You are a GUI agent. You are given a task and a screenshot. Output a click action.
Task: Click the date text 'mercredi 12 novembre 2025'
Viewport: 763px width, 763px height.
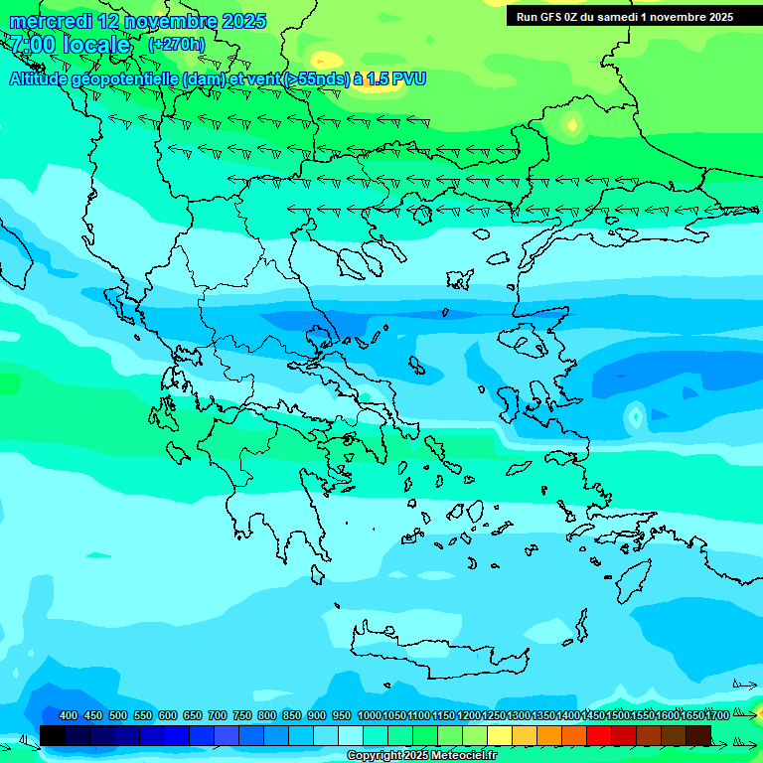pos(137,21)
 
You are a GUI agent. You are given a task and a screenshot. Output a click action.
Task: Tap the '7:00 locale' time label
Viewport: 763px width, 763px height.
pos(70,45)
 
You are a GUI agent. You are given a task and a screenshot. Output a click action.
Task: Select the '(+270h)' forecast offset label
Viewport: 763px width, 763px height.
pos(177,44)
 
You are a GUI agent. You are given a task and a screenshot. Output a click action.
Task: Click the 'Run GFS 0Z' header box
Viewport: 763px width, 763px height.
pos(624,16)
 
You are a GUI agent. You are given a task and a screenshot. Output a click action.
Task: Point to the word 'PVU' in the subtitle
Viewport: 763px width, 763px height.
pos(406,78)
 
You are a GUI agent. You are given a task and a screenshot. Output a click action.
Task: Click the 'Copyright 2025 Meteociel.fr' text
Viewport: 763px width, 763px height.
pos(421,756)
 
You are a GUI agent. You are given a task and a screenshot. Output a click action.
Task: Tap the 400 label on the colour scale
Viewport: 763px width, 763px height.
pos(69,715)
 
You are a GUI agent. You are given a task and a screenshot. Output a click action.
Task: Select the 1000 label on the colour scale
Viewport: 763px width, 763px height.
pos(369,715)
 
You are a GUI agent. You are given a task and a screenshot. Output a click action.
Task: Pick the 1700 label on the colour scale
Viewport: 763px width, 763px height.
pos(717,715)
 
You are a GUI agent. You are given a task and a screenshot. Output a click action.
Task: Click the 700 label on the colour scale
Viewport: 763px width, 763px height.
pos(218,715)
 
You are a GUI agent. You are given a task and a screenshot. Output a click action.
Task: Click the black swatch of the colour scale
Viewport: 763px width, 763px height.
pos(53,735)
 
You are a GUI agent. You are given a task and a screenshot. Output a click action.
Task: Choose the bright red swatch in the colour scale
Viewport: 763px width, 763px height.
pos(599,735)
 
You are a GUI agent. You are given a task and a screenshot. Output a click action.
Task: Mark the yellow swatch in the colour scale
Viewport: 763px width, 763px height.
pos(500,735)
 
